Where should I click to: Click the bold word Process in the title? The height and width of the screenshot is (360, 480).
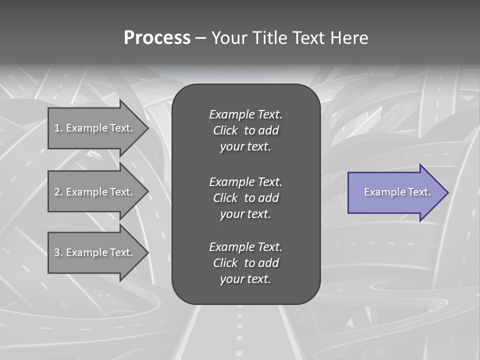pos(157,38)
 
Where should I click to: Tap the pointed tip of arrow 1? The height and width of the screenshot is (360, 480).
pos(147,128)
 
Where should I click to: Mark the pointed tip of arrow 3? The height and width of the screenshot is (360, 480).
pos(147,252)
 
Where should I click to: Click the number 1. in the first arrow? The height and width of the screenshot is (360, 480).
pos(58,128)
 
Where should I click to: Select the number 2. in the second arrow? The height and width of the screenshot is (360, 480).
pos(58,192)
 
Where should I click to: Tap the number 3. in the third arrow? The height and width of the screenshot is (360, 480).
pos(58,252)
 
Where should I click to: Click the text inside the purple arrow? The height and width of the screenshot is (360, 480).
pos(397,192)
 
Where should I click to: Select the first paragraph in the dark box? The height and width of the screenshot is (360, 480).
pos(245,130)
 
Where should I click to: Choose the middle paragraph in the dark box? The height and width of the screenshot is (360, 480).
pos(245,198)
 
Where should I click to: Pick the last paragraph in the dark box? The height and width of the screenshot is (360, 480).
pos(245,263)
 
